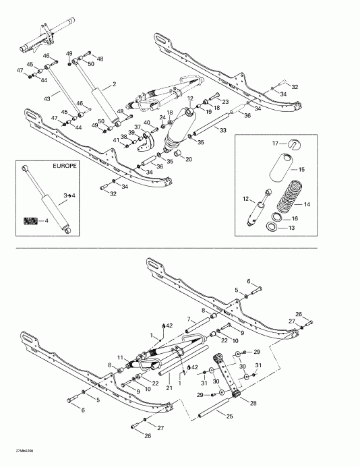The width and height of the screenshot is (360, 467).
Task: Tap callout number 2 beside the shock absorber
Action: click(x=115, y=84)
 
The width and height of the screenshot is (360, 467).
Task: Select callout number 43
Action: click(x=47, y=98)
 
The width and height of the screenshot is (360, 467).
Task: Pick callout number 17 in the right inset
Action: click(x=275, y=143)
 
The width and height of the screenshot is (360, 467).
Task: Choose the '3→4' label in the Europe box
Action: click(x=68, y=195)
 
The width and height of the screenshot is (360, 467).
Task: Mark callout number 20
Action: click(x=189, y=159)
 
